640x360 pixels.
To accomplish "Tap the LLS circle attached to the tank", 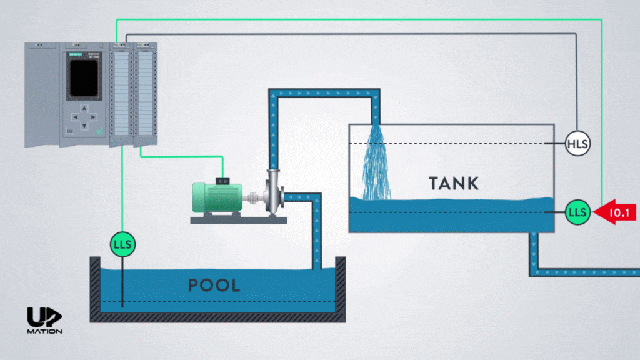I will click(x=577, y=212).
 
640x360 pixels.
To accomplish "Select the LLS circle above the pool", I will click(x=122, y=244).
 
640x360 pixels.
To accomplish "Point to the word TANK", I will click(x=454, y=183).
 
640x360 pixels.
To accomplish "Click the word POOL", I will click(x=214, y=286).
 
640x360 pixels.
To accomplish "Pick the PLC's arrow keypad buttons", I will click(x=83, y=117).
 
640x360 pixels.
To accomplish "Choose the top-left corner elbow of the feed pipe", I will click(x=274, y=94).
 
